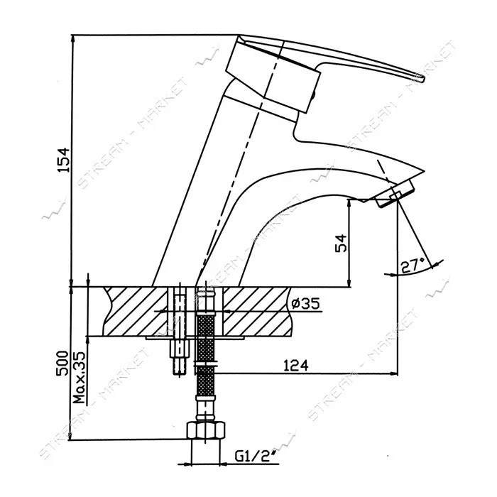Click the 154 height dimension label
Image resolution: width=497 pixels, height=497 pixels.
click(x=63, y=160)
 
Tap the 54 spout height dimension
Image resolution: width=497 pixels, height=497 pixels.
click(x=341, y=244)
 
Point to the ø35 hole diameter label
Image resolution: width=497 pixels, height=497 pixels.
click(x=305, y=304)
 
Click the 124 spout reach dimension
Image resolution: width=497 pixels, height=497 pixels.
click(x=295, y=366)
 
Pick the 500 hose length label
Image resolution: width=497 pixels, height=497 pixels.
click(x=62, y=364)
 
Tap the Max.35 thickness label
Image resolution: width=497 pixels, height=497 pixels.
click(x=80, y=378)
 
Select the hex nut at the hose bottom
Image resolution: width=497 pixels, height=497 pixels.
click(x=206, y=430)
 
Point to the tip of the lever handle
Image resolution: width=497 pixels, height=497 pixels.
click(x=423, y=80)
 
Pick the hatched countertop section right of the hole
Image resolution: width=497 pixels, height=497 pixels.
click(x=257, y=311)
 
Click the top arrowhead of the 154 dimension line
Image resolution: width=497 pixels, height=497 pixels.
click(x=73, y=38)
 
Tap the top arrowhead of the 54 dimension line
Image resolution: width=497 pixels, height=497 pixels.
click(x=349, y=204)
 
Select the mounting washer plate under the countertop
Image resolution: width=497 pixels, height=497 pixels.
click(x=195, y=338)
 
